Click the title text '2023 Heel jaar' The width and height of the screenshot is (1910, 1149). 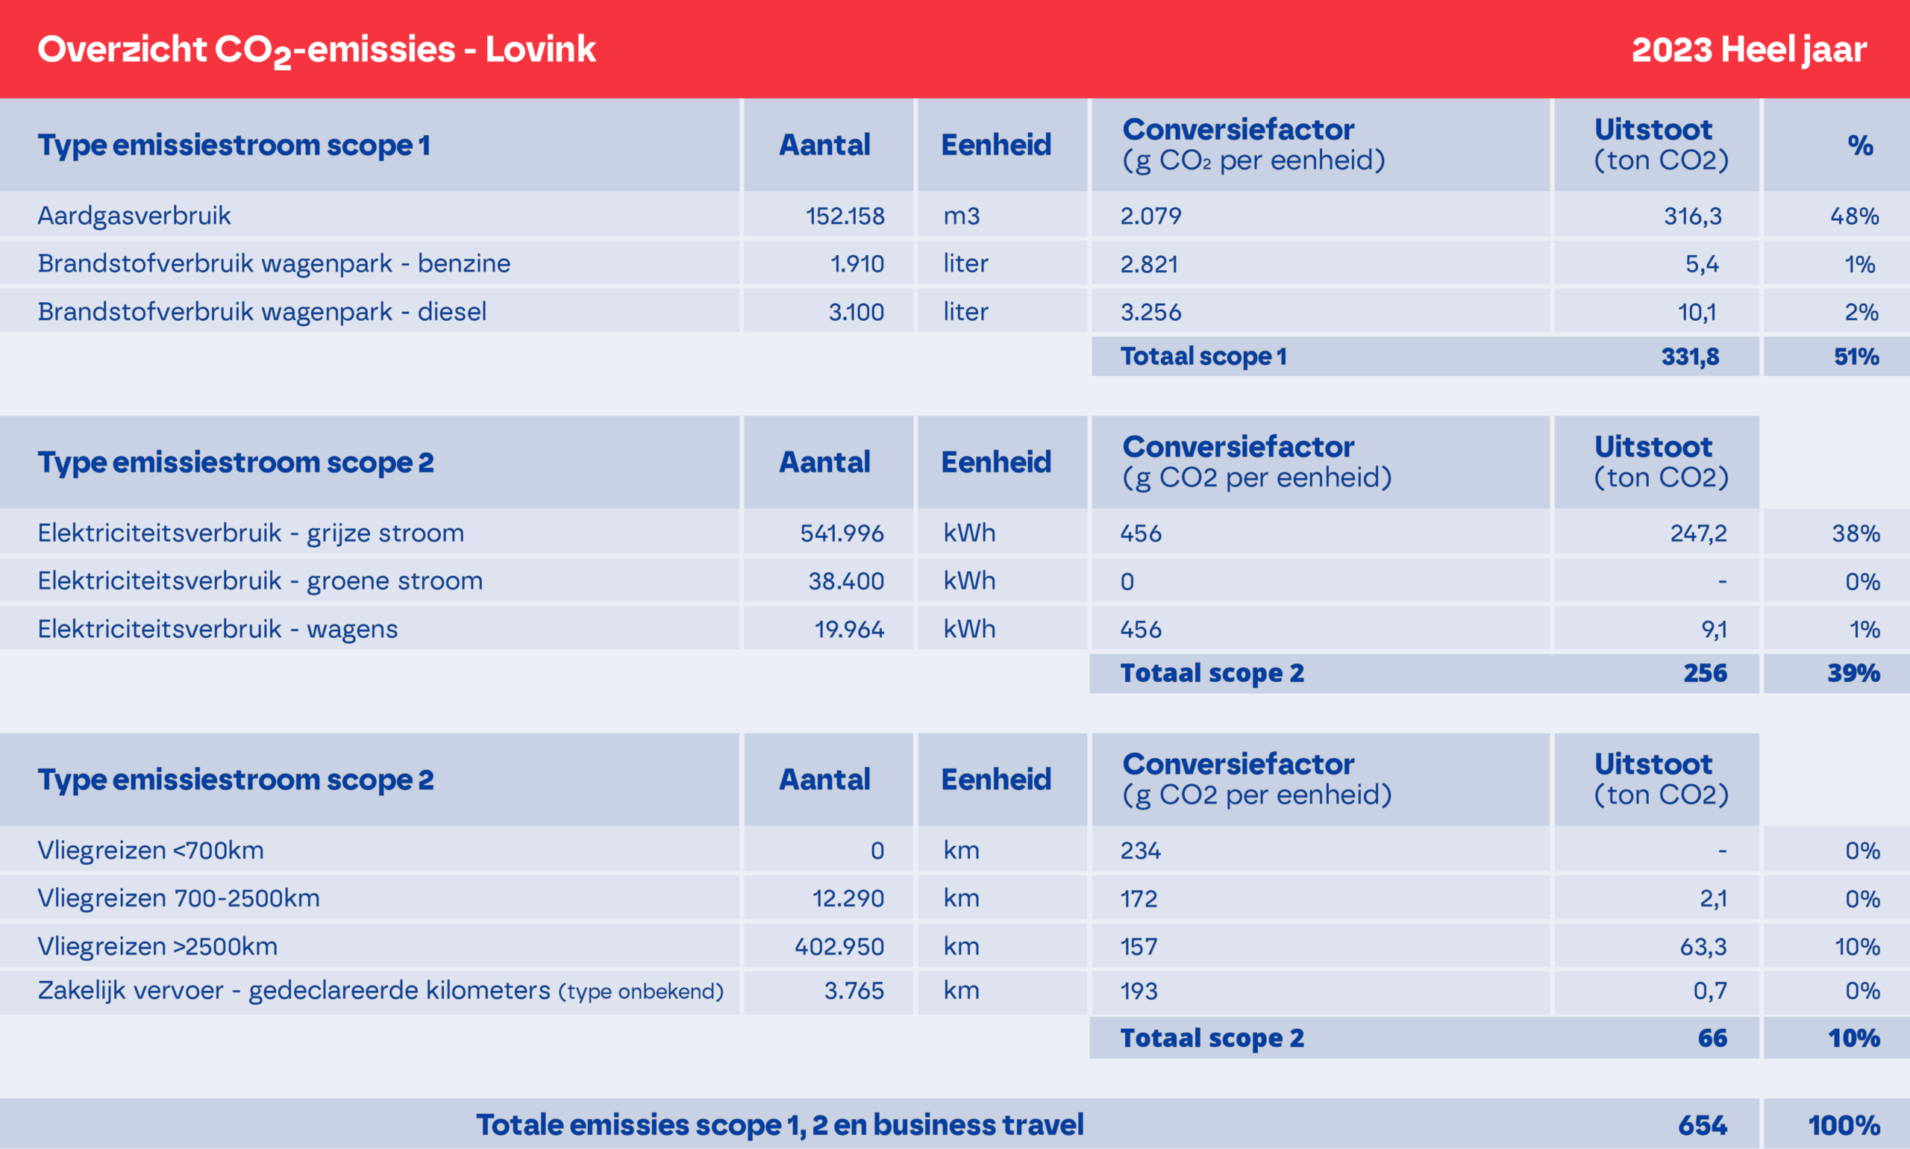click(1748, 49)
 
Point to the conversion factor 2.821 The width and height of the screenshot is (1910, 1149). click(1149, 264)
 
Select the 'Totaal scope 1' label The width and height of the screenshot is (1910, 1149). click(1203, 356)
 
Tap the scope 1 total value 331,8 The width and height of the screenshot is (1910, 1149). click(1689, 356)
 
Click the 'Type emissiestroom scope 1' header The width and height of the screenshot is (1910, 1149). click(234, 145)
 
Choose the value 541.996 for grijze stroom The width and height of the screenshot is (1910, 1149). click(842, 533)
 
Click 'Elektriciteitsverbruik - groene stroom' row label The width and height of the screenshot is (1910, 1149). click(260, 580)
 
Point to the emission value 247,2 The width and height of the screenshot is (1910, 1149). click(1698, 533)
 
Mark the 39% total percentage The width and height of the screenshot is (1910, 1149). click(1853, 673)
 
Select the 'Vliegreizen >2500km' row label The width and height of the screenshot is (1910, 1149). click(157, 946)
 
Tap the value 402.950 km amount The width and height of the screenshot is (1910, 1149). click(839, 946)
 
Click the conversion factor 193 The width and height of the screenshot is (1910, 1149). click(1139, 991)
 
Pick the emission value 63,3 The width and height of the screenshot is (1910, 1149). click(1703, 946)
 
